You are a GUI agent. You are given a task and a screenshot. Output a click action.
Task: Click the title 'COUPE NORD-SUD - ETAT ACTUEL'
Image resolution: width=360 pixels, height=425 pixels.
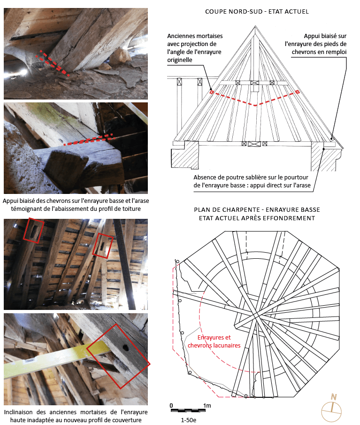(x=257, y=11)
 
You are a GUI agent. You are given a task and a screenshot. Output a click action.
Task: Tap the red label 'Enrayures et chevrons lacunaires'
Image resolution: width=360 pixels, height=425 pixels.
(x=214, y=341)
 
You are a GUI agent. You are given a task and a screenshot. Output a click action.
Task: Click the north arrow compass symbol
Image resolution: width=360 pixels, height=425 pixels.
(x=332, y=404)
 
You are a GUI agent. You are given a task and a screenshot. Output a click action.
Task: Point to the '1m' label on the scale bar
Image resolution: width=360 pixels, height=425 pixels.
(x=207, y=405)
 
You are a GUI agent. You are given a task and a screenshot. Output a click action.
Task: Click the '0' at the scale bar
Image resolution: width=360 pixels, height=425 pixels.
(x=171, y=405)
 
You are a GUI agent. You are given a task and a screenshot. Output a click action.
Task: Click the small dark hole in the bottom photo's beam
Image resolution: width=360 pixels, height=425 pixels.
(x=125, y=348)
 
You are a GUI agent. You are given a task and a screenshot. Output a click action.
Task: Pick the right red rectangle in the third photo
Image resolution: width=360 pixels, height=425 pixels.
(x=103, y=245)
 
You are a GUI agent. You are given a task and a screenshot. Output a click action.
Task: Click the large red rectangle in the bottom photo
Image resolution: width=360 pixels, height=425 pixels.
(x=118, y=355)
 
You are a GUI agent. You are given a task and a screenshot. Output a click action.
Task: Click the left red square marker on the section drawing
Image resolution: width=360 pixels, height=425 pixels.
(x=211, y=93)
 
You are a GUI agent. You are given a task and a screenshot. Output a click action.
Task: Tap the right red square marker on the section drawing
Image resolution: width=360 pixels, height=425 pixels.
(x=297, y=93)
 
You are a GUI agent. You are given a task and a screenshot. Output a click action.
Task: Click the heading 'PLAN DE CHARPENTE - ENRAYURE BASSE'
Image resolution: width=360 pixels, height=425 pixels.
(x=257, y=210)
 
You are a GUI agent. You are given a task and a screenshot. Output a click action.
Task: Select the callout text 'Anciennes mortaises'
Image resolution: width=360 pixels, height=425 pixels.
(x=195, y=36)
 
